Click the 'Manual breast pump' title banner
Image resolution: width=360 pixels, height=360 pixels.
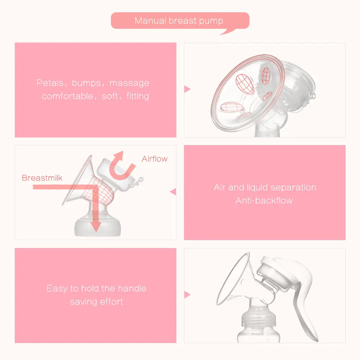[x=179, y=21]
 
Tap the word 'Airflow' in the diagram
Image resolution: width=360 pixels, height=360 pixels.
[x=154, y=159]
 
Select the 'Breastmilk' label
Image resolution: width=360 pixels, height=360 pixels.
[x=42, y=178]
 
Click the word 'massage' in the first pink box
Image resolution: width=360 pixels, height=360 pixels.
[x=129, y=83]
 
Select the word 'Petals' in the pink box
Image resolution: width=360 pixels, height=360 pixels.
[x=49, y=83]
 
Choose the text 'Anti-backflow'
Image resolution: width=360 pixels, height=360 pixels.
[x=264, y=201]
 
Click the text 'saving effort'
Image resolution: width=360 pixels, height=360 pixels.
[x=96, y=302]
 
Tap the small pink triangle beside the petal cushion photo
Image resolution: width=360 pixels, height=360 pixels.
[x=187, y=89]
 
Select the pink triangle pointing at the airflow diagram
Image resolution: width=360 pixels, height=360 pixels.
[x=173, y=192]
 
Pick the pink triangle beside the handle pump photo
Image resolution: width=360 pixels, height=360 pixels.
[x=187, y=295]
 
